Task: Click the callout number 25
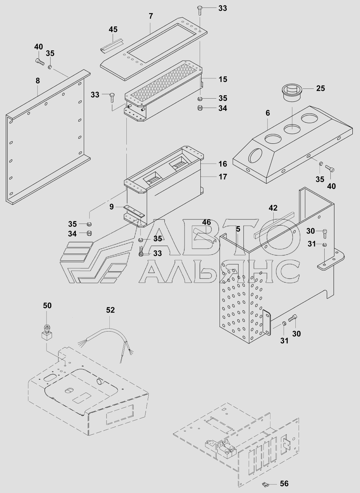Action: coord(320,88)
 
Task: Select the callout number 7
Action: coord(151,16)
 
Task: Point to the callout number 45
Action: coord(113,29)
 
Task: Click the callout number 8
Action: coord(38,81)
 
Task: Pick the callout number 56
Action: coord(284,484)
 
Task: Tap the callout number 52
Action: coord(110,310)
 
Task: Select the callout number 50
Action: coord(47,306)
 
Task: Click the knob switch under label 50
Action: coord(46,330)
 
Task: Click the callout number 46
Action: coord(206,222)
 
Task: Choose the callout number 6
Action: coord(268,113)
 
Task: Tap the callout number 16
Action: coord(223,164)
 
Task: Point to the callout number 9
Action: coord(112,207)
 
